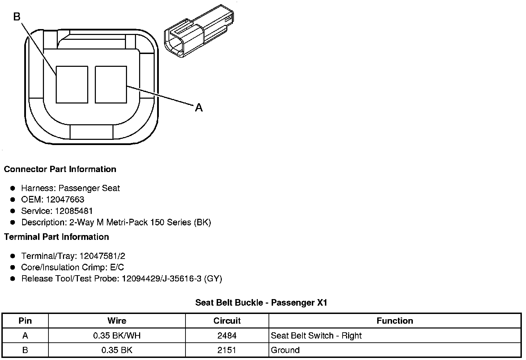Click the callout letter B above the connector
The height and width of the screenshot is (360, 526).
[x=17, y=16]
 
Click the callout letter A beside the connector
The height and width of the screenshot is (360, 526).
[x=199, y=108]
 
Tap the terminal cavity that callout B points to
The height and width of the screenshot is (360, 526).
[x=72, y=84]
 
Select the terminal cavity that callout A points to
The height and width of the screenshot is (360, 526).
[x=111, y=84]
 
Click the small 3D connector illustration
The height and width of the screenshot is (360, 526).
[x=199, y=31]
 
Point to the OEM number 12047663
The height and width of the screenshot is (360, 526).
[x=65, y=199]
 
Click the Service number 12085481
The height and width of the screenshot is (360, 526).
[x=74, y=211]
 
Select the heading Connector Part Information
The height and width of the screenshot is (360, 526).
[x=60, y=169]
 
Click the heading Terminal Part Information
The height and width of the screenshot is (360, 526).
[x=56, y=237]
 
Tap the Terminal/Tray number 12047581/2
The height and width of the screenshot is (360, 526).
[x=102, y=256]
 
